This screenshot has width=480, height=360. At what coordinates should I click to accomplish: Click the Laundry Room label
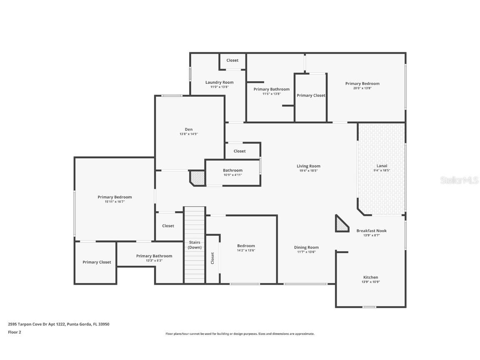(x=219, y=82)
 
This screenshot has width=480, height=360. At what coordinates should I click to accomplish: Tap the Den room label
(x=188, y=129)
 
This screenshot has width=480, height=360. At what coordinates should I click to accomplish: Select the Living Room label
(x=308, y=166)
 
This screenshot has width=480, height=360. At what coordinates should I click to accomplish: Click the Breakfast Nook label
(x=371, y=231)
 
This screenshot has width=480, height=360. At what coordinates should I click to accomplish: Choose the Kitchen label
(x=370, y=277)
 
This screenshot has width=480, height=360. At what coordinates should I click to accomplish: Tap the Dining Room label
(x=306, y=247)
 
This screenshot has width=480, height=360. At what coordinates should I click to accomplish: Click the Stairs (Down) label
(x=195, y=245)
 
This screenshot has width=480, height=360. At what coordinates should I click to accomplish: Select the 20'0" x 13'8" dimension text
(x=362, y=88)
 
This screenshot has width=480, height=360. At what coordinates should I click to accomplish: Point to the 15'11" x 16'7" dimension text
(x=115, y=202)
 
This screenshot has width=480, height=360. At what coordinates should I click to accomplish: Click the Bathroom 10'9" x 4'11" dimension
(x=232, y=175)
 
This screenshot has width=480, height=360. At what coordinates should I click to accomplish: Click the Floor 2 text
(x=14, y=332)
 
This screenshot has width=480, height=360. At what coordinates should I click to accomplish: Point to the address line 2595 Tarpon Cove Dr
(x=59, y=324)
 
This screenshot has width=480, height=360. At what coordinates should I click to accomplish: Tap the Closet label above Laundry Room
(x=232, y=60)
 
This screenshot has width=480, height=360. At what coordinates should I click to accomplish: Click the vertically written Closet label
(x=212, y=258)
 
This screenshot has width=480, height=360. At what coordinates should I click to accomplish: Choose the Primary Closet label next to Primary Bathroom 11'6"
(x=311, y=95)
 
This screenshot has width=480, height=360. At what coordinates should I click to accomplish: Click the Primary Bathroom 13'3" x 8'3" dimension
(x=154, y=260)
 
